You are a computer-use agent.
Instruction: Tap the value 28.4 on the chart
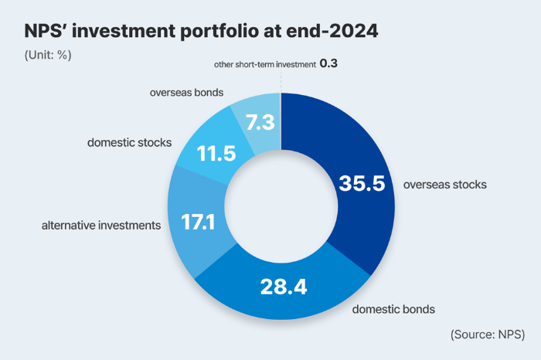[x=282, y=287]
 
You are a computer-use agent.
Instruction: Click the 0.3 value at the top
[x=328, y=66]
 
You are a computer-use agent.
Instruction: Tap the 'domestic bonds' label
[x=393, y=309]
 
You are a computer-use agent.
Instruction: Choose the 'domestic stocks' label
[x=129, y=143]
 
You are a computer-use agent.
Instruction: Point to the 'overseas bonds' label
[x=186, y=93]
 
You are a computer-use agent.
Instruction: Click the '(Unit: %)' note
[x=48, y=56]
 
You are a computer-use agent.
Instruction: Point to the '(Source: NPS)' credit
[x=487, y=334]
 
